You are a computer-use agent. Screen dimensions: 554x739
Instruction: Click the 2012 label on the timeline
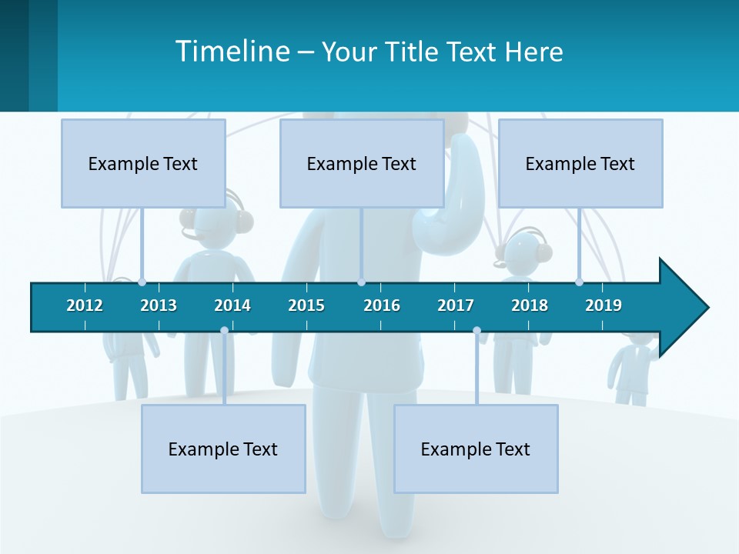coord(85,305)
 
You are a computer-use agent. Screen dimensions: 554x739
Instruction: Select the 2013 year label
coord(159,305)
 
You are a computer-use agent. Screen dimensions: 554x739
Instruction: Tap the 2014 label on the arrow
coord(232,305)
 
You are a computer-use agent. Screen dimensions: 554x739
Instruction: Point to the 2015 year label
coord(306,305)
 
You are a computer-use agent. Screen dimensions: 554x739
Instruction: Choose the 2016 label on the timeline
coord(382,305)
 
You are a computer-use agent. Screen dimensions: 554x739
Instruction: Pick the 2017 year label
coord(456,305)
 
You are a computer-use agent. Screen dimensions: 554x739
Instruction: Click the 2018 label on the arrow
coord(530,305)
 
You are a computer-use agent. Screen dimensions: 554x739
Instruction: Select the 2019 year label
coord(604,305)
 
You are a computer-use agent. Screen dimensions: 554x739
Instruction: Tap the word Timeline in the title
coord(232,52)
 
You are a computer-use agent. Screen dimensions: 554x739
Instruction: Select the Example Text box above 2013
coord(143,163)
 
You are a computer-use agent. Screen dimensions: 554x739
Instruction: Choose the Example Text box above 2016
coord(362,163)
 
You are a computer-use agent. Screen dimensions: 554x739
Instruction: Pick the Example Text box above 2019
coord(580,163)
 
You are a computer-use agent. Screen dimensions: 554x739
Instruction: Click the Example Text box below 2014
coord(223,449)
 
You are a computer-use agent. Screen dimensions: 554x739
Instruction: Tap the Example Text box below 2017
coord(476,449)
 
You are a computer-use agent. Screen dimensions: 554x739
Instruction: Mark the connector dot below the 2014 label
coord(224,331)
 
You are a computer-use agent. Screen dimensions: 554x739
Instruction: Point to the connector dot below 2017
coord(477,331)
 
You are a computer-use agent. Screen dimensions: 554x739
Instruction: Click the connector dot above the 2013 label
coord(142,282)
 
